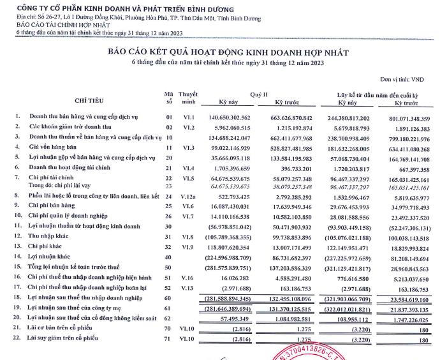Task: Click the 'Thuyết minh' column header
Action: (x=188, y=97)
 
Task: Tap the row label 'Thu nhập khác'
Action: (x=52, y=236)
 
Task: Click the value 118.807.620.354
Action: (x=234, y=246)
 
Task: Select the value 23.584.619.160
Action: (x=404, y=297)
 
